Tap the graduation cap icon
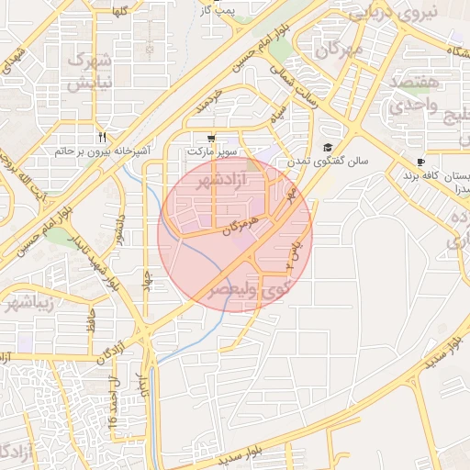click(x=328, y=148)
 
